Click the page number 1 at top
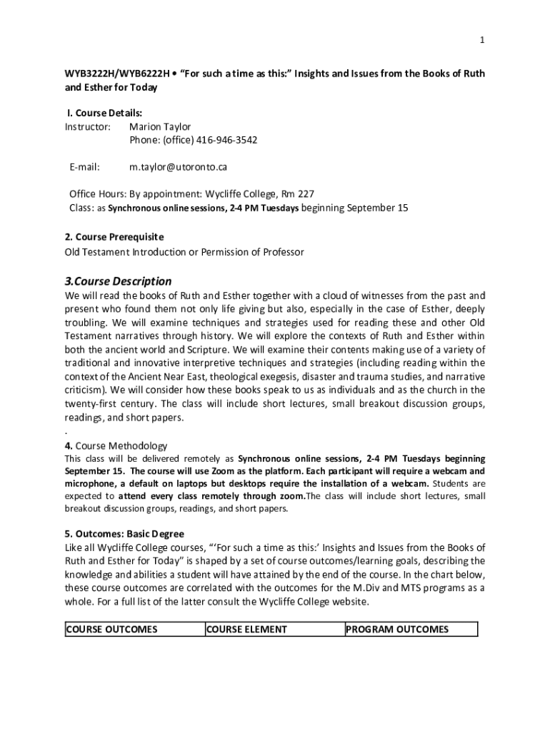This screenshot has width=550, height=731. point(482,41)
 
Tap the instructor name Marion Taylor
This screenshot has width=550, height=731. point(160,126)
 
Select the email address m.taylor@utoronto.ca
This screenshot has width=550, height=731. point(178,167)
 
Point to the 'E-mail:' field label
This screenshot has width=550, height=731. point(85,167)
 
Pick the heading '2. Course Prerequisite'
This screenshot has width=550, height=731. point(114,236)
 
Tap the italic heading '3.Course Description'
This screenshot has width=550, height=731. point(118,281)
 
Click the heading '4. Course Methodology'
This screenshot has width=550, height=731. point(116,445)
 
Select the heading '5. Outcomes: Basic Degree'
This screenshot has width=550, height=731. point(124,534)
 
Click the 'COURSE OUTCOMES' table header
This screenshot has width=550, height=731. point(111,630)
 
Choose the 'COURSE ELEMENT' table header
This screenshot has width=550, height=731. point(246,630)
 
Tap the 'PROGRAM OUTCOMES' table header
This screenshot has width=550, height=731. point(397,630)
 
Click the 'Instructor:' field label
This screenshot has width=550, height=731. point(88,126)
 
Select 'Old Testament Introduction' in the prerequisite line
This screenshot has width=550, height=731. point(125,252)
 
